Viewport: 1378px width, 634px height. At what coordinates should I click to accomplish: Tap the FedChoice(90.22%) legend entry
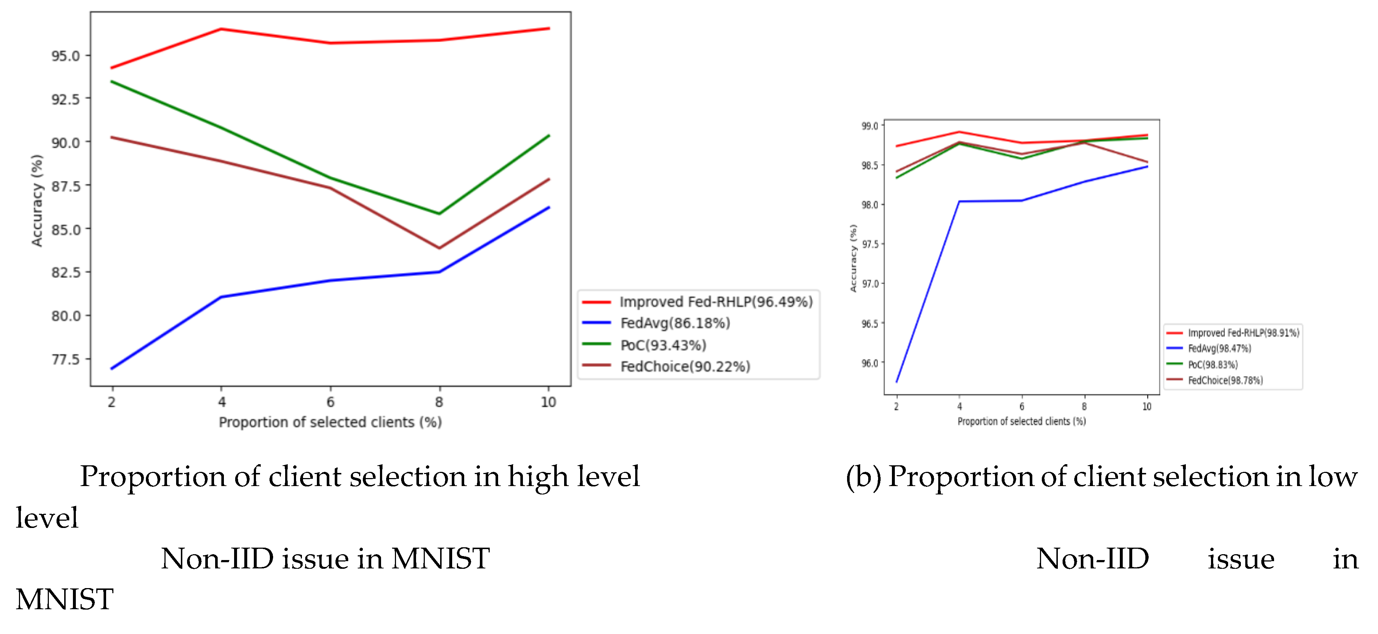coord(685,367)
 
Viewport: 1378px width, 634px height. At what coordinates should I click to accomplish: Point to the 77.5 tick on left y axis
coord(65,359)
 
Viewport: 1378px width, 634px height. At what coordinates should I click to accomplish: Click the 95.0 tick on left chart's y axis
coord(65,56)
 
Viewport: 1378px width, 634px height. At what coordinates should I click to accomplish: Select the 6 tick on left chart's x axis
coord(331,402)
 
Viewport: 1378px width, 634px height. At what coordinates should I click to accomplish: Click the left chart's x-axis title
coord(330,422)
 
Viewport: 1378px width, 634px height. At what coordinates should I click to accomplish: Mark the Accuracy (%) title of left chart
coord(36,200)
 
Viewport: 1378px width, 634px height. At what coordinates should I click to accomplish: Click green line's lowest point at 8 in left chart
coord(439,214)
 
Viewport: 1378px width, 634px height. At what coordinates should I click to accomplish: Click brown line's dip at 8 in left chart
coord(439,248)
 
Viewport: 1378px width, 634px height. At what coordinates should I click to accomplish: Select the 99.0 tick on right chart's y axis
coord(870,126)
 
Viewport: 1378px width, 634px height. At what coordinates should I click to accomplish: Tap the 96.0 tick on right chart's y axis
coord(870,363)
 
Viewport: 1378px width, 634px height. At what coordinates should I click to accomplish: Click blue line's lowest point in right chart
coord(897,382)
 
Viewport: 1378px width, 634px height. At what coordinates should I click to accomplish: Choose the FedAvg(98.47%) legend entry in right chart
coord(1219,349)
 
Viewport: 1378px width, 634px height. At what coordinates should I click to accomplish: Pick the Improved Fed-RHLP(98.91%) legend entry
coord(1243,333)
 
